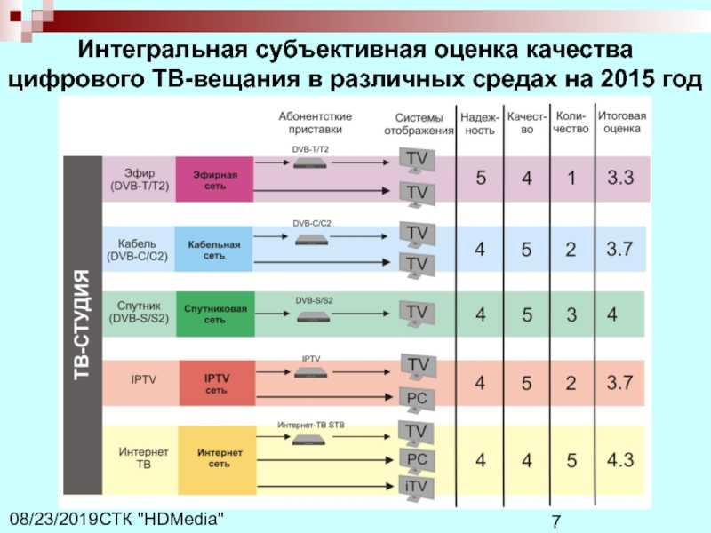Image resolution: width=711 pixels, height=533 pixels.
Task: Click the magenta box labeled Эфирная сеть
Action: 214,179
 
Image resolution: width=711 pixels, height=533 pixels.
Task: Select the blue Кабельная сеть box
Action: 213,249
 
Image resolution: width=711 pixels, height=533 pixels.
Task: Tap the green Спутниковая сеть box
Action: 215,314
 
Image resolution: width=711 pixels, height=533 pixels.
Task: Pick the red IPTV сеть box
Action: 217,383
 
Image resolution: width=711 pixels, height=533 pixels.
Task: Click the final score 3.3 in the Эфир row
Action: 620,177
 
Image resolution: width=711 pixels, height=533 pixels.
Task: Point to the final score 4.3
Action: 620,460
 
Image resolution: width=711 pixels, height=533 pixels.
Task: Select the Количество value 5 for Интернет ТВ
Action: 571,460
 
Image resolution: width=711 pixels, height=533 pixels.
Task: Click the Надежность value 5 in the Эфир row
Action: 481,178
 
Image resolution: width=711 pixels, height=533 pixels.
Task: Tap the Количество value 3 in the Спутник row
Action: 571,314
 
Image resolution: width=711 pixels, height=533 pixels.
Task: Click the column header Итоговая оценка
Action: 621,122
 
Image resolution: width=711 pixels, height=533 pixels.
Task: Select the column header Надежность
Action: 480,123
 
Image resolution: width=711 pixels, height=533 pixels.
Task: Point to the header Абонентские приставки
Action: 316,123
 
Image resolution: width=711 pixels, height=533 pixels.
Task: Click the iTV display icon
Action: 416,488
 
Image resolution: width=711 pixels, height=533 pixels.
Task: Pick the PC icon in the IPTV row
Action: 417,400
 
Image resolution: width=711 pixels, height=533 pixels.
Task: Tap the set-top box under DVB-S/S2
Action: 314,317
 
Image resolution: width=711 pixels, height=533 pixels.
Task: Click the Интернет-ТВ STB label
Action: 311,426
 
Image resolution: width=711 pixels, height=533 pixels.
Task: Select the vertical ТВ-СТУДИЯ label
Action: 82,324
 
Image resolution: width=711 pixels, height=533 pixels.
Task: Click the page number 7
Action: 556,521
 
